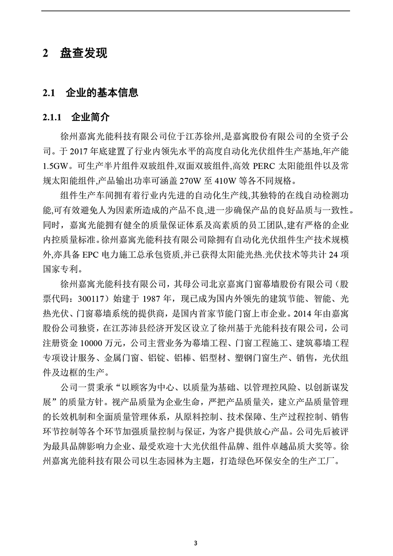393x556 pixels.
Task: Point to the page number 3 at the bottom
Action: click(x=196, y=542)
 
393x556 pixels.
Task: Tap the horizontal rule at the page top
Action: click(x=196, y=11)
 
